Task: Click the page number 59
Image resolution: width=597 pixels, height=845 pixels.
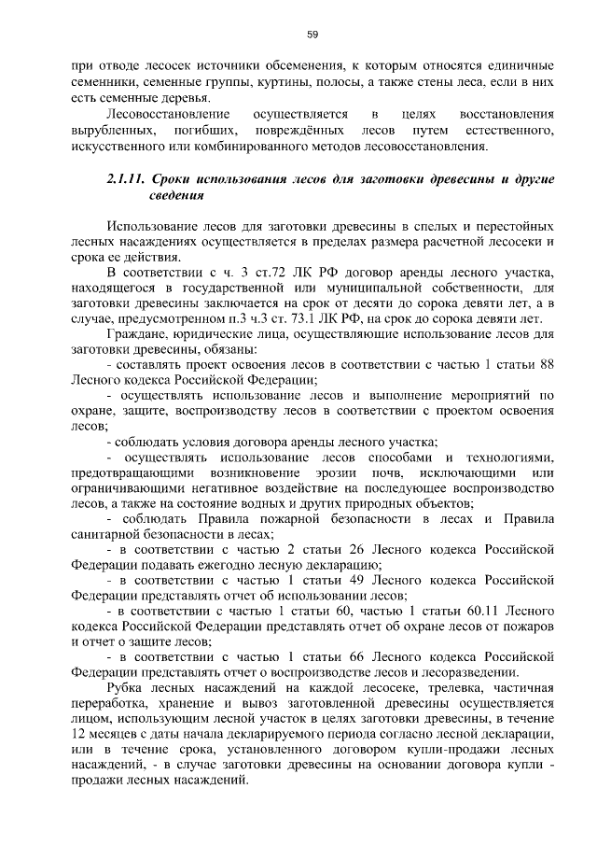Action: pos(312,35)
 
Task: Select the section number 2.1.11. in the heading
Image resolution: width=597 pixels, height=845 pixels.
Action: pos(128,180)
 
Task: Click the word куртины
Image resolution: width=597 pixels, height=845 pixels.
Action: pos(271,83)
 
